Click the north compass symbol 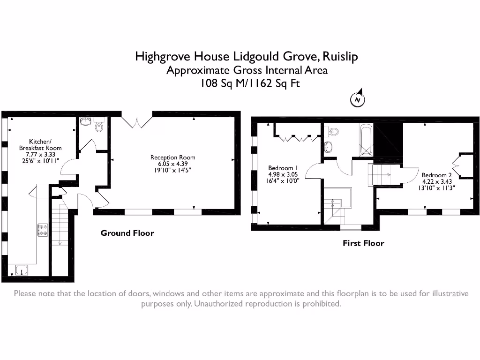point(358,99)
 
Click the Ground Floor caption point(127,233)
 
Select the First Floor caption point(363,243)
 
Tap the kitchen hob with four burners point(43,230)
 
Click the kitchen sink point(21,270)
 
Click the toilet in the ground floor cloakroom point(99,126)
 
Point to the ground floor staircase point(60,225)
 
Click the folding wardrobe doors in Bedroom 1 point(296,138)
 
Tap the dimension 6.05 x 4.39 point(172,164)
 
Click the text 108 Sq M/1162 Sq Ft point(247,84)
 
